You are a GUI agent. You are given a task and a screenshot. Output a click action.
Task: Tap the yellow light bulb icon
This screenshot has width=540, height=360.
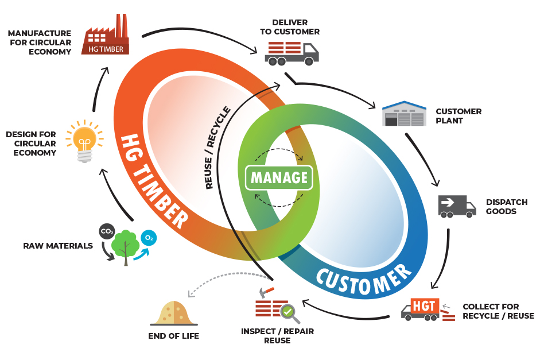click(84, 141)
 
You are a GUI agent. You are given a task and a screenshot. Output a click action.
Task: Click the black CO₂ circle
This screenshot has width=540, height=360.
click(107, 231)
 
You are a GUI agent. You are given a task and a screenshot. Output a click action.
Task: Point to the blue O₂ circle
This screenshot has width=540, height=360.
click(149, 237)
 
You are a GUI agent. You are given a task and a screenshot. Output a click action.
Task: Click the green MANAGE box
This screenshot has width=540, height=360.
click(279, 177)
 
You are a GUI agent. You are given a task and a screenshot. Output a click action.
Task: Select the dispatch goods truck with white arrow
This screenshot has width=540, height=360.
click(457, 206)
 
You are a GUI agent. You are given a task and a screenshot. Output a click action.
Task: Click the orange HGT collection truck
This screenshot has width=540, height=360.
click(421, 310)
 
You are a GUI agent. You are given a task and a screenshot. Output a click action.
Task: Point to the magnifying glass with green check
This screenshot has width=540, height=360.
click(289, 312)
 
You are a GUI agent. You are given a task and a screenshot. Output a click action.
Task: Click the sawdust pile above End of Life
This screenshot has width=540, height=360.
click(174, 313)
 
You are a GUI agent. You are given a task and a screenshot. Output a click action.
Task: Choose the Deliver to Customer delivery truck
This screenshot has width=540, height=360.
click(292, 52)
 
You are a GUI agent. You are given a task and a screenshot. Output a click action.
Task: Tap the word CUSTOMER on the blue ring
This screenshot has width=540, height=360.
click(364, 280)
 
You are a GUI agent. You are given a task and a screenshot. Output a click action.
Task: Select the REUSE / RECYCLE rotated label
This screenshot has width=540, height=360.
click(219, 148)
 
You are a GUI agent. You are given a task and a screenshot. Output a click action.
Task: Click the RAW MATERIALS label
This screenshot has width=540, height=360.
click(58, 246)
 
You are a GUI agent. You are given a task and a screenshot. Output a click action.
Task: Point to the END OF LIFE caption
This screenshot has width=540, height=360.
click(173, 336)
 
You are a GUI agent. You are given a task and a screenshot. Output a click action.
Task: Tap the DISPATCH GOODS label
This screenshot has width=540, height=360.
click(506, 207)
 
